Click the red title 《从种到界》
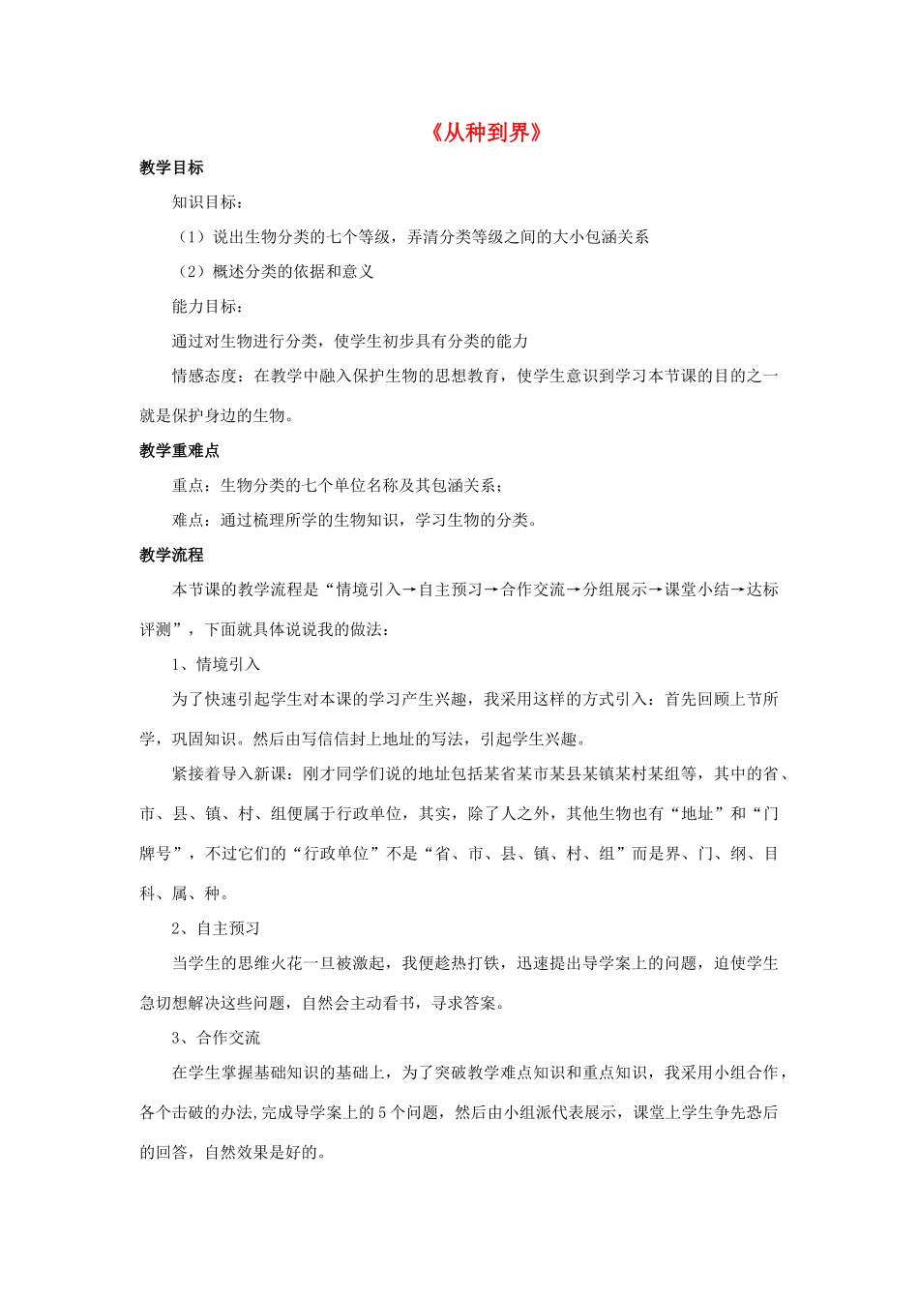(x=486, y=133)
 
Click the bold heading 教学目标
(x=171, y=167)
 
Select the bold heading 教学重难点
(x=179, y=450)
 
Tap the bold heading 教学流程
(x=171, y=555)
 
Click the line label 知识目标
(x=204, y=202)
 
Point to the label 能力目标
(x=204, y=306)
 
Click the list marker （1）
(x=191, y=237)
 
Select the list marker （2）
(x=191, y=272)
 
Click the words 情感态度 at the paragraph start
(x=204, y=376)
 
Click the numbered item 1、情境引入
(x=216, y=664)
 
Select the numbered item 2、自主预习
(x=216, y=928)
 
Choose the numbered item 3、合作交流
(x=216, y=1038)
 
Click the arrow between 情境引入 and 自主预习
(x=409, y=590)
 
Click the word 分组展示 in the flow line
(x=613, y=590)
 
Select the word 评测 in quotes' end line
(x=155, y=629)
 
